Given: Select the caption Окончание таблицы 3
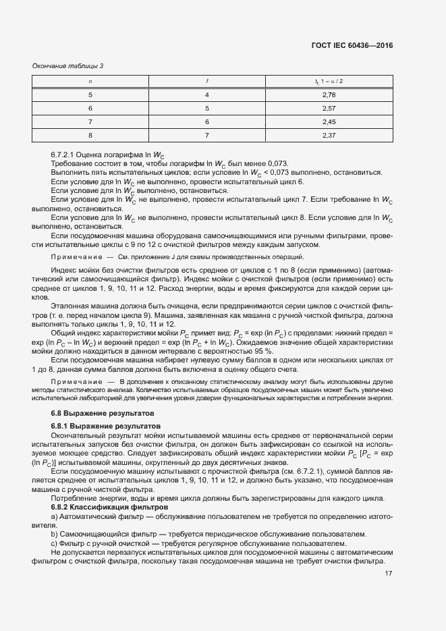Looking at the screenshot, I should [67, 65].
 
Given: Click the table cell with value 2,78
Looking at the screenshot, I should [329, 95].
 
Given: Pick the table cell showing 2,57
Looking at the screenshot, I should [329, 109].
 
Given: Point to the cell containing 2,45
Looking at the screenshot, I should [329, 122].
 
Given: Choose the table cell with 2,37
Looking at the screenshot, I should [329, 136].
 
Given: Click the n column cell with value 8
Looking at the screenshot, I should [90, 136].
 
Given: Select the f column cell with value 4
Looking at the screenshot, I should [207, 95].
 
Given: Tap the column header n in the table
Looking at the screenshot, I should [90, 82].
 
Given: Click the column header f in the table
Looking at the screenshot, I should [207, 82].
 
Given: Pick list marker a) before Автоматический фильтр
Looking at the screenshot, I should [55, 516].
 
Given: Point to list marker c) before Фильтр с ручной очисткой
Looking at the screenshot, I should [55, 543].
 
